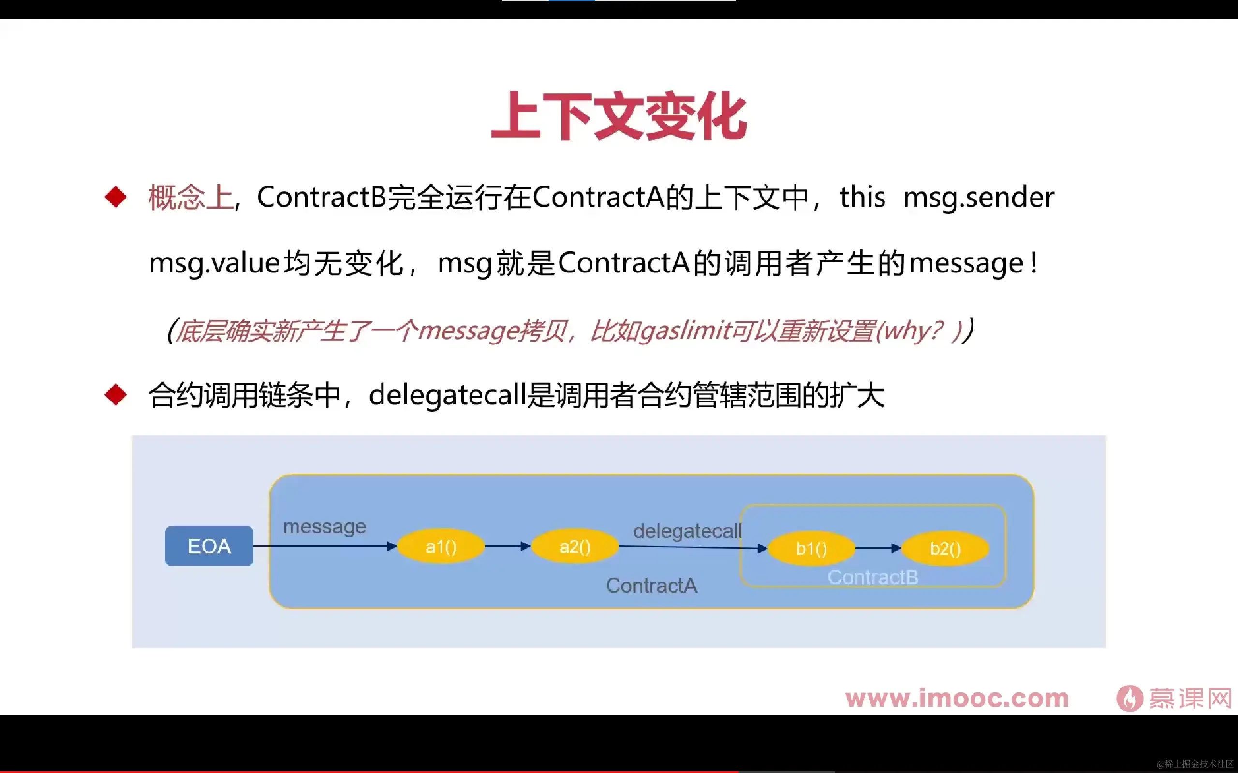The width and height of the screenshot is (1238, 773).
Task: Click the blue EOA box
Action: pyautogui.click(x=209, y=546)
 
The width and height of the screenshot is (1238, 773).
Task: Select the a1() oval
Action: pyautogui.click(x=441, y=546)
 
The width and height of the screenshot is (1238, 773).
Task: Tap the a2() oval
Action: pyautogui.click(x=575, y=546)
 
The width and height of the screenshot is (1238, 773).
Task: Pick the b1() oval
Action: pyautogui.click(x=811, y=548)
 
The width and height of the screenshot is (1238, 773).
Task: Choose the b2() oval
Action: pyautogui.click(x=945, y=548)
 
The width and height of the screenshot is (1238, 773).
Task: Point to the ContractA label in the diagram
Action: pyautogui.click(x=651, y=586)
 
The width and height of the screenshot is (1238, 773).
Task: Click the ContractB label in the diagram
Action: pyautogui.click(x=873, y=577)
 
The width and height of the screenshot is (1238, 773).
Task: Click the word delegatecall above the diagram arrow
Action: pyautogui.click(x=687, y=530)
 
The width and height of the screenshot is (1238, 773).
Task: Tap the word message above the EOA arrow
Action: pyautogui.click(x=325, y=527)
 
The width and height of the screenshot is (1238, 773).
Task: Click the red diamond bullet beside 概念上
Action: pyautogui.click(x=116, y=197)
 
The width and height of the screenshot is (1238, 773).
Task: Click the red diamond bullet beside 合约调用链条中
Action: pyautogui.click(x=116, y=395)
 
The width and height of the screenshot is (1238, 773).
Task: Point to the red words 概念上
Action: pyautogui.click(x=191, y=197)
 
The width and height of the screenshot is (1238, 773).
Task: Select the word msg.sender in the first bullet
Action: pyautogui.click(x=979, y=197)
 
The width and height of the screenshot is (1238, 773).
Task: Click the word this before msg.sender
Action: pyautogui.click(x=863, y=197)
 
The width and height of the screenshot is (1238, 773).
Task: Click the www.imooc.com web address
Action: pyautogui.click(x=957, y=699)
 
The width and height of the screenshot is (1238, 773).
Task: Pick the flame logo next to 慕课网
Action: pyautogui.click(x=1129, y=699)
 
